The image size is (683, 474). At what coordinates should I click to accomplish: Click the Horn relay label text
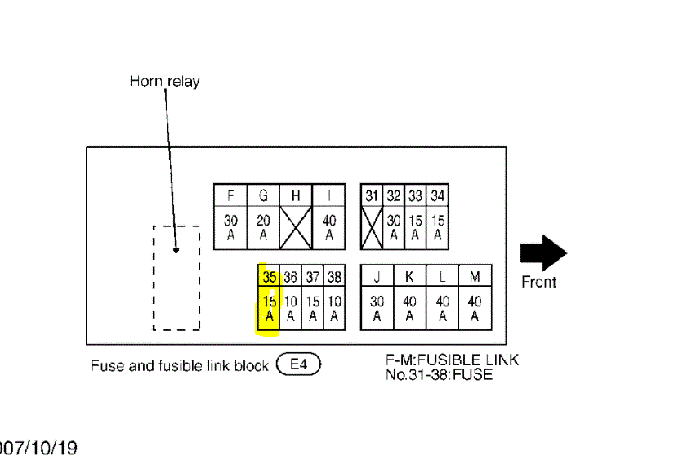(x=164, y=81)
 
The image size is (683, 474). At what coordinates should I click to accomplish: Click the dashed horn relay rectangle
(x=176, y=278)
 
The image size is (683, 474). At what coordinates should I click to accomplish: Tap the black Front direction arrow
(x=543, y=253)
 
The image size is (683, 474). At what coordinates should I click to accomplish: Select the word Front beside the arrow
(x=538, y=282)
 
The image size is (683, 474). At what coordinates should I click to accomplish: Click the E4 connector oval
(x=299, y=364)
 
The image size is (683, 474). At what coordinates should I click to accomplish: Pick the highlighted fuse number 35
(x=269, y=277)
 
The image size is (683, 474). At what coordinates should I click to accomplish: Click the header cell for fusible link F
(x=230, y=195)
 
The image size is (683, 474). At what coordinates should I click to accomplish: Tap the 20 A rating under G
(x=263, y=227)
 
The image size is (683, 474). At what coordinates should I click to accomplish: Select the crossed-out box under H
(x=296, y=227)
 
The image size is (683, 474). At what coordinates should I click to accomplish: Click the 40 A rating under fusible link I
(x=329, y=227)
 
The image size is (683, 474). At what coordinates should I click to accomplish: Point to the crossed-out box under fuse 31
(x=372, y=227)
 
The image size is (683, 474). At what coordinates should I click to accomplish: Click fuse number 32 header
(x=394, y=195)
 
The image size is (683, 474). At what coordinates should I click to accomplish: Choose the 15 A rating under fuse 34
(x=438, y=227)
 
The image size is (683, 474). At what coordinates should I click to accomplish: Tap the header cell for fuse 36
(x=291, y=277)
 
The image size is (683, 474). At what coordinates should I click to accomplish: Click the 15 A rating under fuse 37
(x=313, y=308)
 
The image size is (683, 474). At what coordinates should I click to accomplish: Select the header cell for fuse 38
(x=334, y=277)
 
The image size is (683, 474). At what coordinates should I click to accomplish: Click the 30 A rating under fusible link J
(x=377, y=308)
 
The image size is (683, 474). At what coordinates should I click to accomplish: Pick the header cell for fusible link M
(x=475, y=277)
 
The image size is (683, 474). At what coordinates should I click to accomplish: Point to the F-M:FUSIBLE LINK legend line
(x=452, y=360)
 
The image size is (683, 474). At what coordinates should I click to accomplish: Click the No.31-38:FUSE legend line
(x=440, y=375)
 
